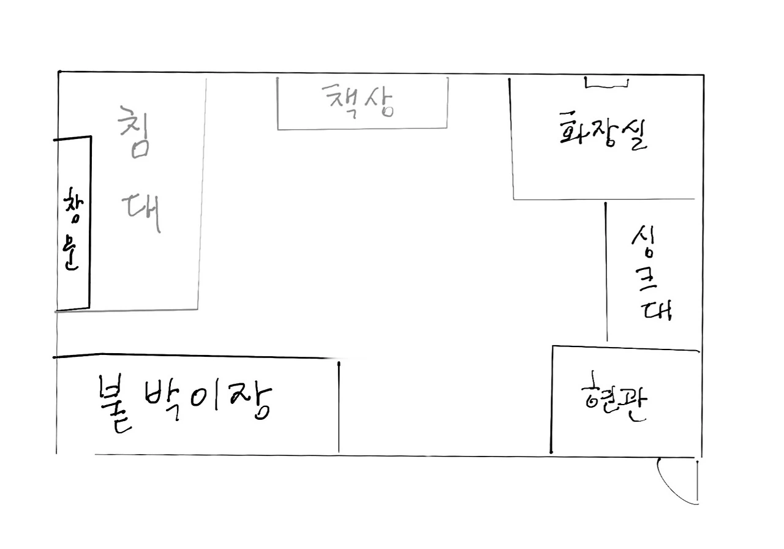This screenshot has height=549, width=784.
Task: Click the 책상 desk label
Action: (359, 100)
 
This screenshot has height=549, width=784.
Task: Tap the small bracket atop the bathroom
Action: (606, 83)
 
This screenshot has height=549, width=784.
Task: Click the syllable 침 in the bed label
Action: (134, 131)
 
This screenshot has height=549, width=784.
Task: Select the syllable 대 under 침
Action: (143, 211)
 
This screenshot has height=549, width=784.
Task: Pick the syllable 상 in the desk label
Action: (378, 102)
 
